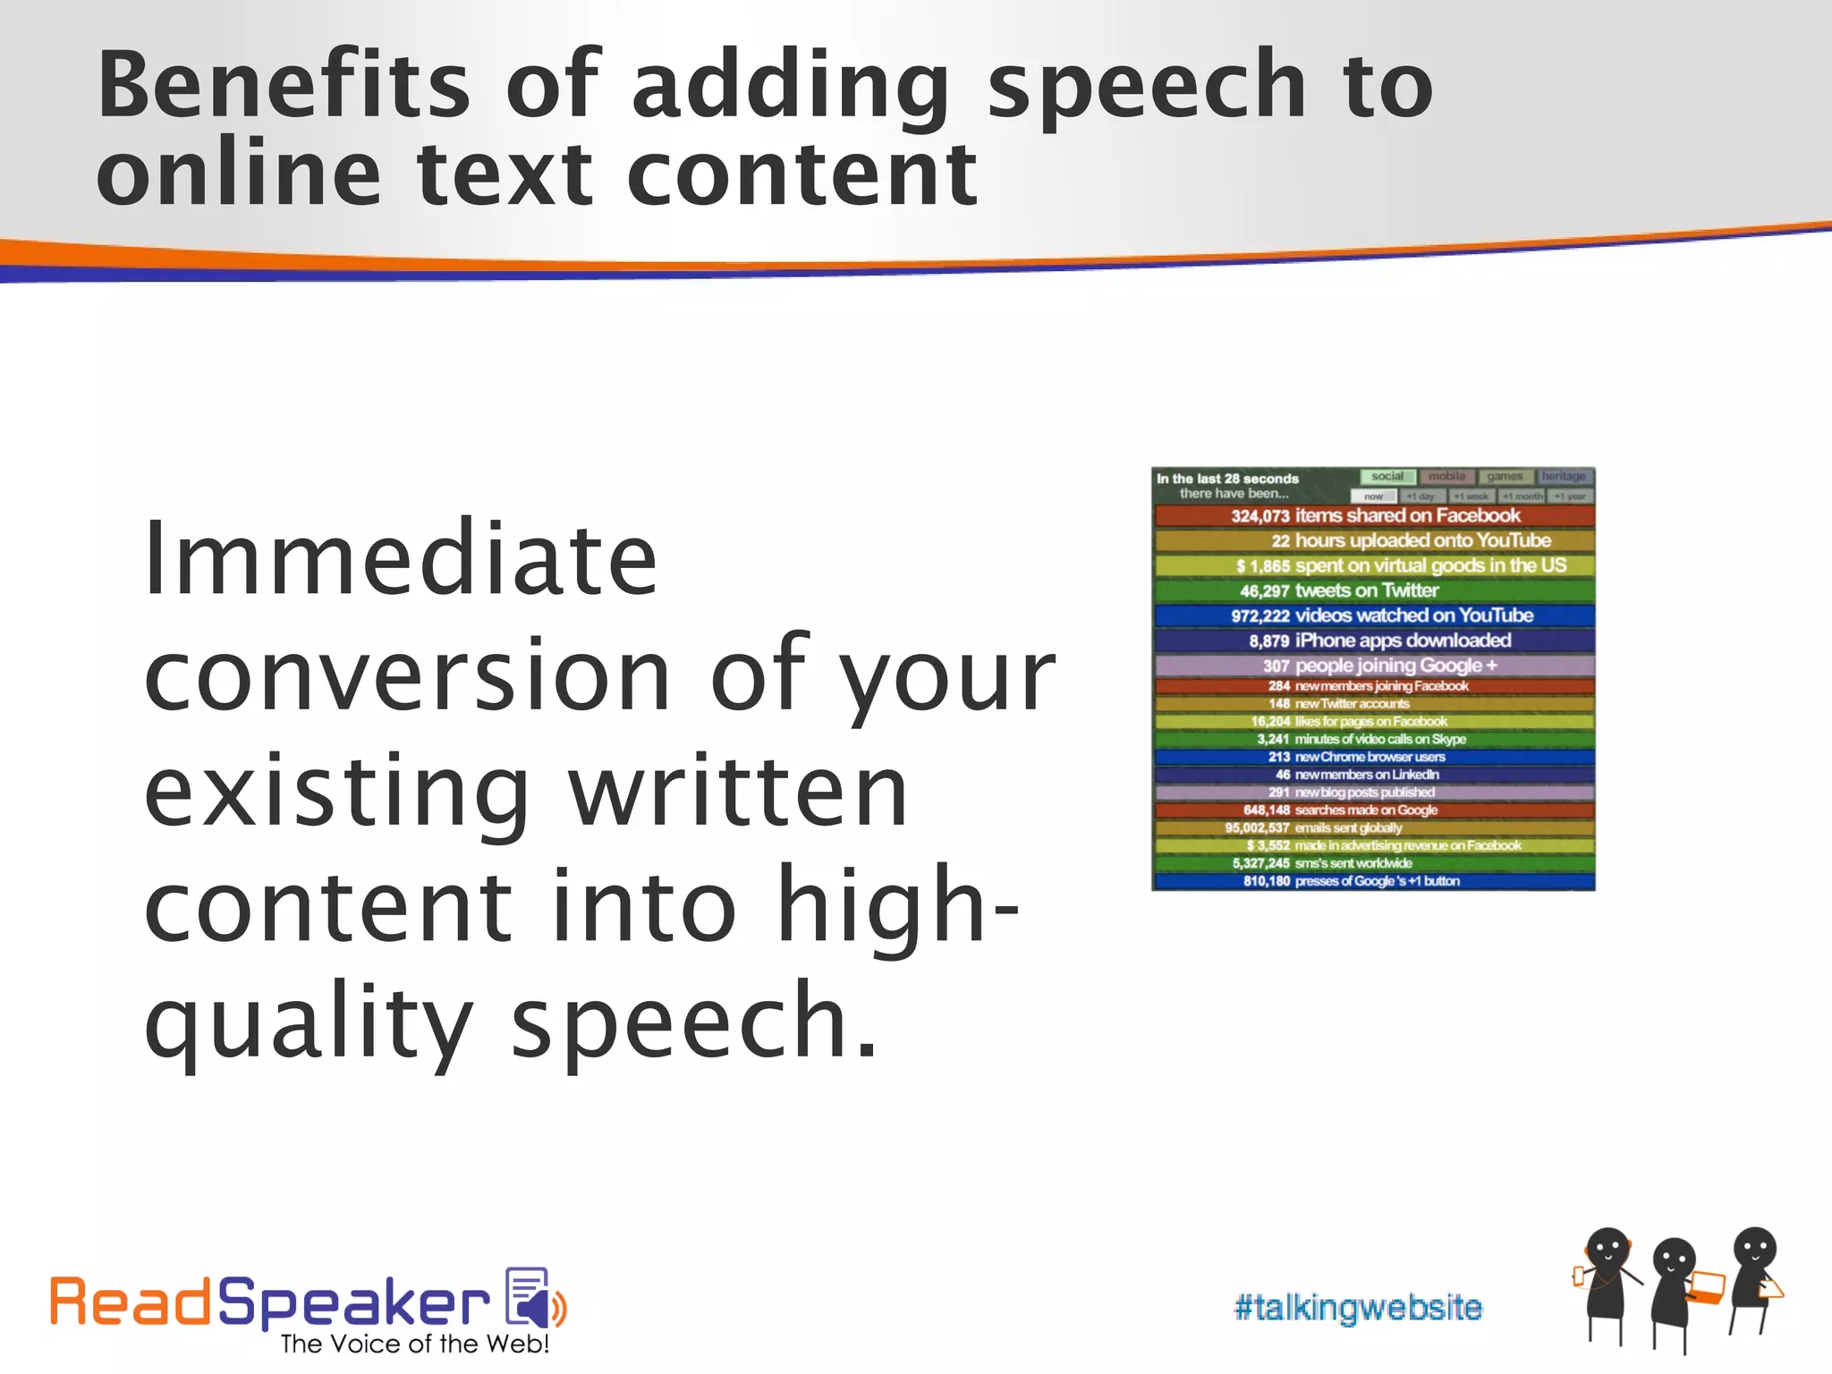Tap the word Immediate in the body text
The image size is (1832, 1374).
point(401,559)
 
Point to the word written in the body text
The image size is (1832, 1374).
point(739,792)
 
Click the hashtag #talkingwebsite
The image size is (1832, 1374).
point(1357,1308)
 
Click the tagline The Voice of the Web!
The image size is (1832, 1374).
point(414,1344)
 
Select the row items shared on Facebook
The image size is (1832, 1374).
point(1374,515)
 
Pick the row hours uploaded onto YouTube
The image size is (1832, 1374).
point(1374,540)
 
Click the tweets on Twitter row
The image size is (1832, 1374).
point(1374,590)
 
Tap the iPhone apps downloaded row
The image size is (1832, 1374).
point(1374,640)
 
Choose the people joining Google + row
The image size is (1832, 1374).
point(1374,666)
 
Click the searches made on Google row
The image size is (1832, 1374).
point(1374,810)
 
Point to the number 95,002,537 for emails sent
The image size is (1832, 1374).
point(1257,828)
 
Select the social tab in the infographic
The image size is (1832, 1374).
point(1387,477)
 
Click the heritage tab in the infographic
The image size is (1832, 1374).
point(1563,477)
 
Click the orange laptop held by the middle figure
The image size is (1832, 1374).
point(1707,1287)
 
